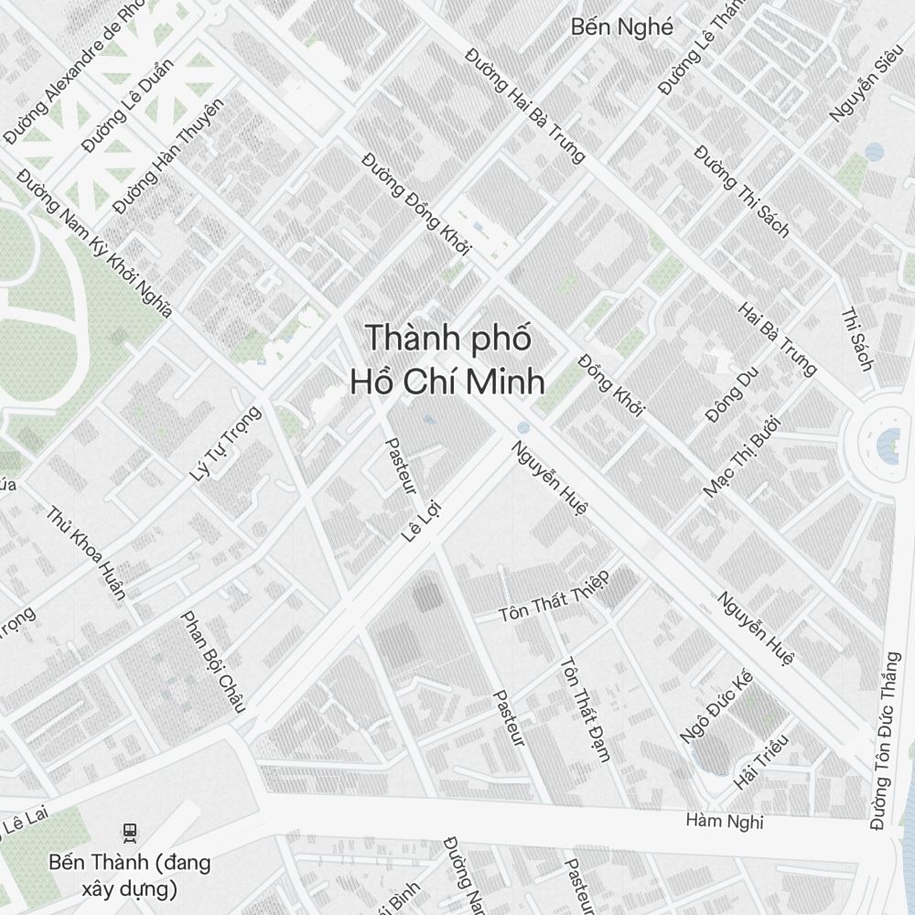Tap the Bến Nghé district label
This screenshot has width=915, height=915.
click(621, 27)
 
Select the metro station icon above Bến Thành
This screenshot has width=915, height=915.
click(130, 832)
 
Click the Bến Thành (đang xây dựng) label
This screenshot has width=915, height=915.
click(129, 875)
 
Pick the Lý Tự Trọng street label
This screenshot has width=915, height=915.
click(225, 443)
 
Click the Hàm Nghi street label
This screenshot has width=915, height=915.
click(725, 821)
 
